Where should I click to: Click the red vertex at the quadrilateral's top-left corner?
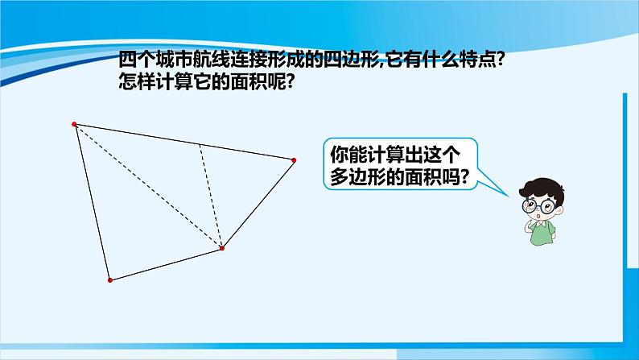click(x=74, y=124)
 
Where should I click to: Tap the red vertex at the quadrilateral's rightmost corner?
click(x=294, y=160)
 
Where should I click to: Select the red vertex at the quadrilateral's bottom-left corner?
click(x=110, y=280)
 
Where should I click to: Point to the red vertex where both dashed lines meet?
click(x=222, y=248)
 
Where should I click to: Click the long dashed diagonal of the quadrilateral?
click(x=148, y=186)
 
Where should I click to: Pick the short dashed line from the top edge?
click(x=211, y=196)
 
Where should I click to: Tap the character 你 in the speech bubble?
click(x=339, y=154)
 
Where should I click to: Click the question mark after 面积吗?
click(x=463, y=177)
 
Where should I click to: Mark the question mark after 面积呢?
click(x=289, y=81)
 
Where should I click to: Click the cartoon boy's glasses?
click(x=538, y=205)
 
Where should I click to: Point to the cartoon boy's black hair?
click(x=542, y=190)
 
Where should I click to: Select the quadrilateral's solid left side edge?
click(x=92, y=202)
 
